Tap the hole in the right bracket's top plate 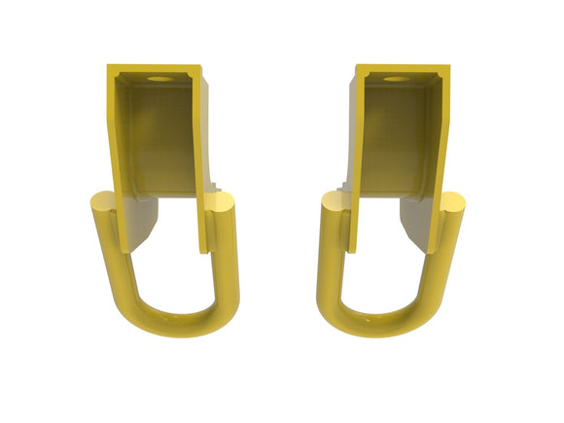pos(396,78)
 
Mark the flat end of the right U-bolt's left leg pos(333,203)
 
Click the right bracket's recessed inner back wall pos(395,136)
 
